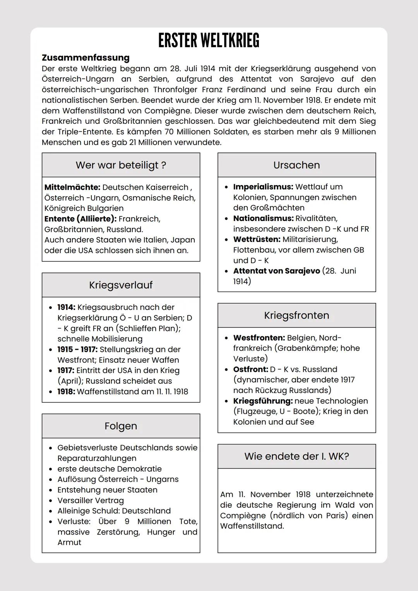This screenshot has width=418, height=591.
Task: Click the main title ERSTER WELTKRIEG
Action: pos(209,41)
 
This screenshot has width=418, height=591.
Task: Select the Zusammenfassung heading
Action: pos(86,58)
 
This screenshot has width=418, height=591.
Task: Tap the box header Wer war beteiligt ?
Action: pos(121,165)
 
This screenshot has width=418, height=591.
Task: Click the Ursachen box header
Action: pos(296,165)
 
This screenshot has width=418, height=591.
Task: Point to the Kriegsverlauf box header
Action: pos(121,285)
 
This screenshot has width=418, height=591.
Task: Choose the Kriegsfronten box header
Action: pos(296,315)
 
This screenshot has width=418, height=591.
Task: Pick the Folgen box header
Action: pos(121,426)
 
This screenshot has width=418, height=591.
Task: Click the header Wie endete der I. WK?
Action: pos(296,456)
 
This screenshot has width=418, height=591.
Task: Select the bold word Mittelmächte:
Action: pos(72,187)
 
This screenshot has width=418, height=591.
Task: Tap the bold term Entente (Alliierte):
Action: pos(81,219)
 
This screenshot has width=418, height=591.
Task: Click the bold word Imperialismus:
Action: pos(263,187)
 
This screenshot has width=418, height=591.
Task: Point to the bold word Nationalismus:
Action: pos(263,219)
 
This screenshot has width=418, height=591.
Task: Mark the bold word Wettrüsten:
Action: pos(257,240)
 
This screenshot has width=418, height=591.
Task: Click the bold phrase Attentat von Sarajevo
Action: pos(276,271)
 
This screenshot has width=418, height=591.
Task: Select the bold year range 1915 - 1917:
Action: pos(77,349)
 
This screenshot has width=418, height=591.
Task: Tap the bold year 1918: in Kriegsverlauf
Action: pos(66,392)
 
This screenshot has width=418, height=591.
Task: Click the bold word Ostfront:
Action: pos(250,370)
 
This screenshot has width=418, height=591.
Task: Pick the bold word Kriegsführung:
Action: pos(263,401)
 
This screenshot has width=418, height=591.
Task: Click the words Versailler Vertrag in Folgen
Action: pos(91,500)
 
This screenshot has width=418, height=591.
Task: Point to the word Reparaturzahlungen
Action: pos(97,458)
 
